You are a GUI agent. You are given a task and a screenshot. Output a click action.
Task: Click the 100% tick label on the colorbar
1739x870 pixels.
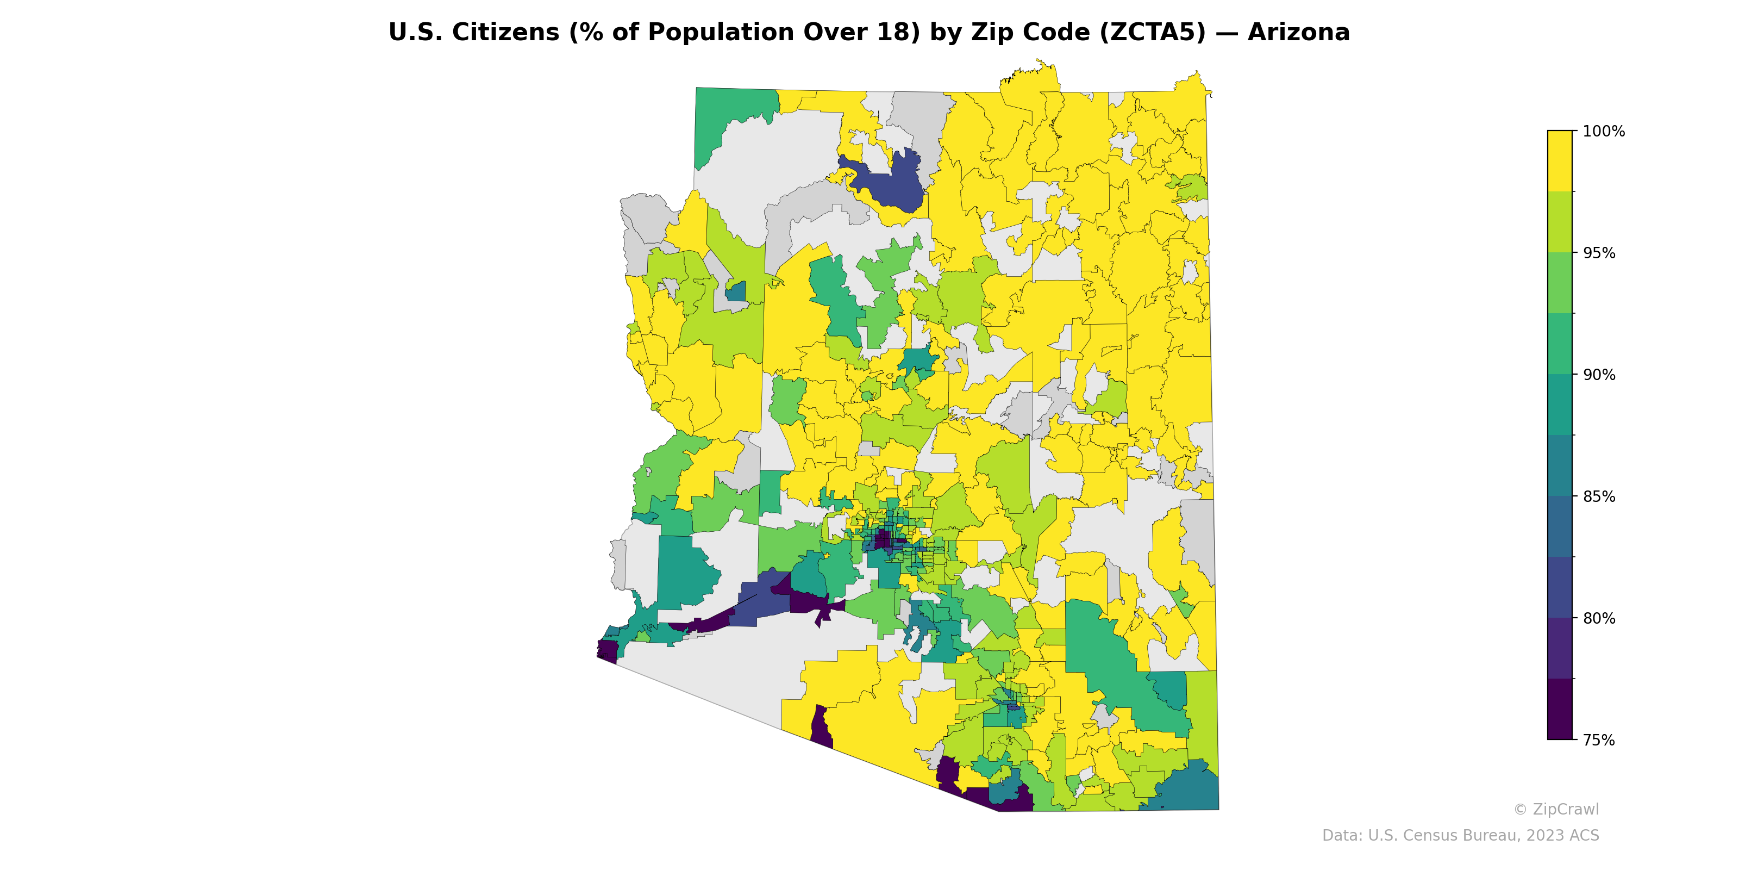point(1603,132)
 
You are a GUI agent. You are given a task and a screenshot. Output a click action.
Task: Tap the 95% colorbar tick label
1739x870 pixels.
point(1599,253)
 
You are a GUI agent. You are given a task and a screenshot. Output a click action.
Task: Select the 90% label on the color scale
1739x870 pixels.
point(1599,375)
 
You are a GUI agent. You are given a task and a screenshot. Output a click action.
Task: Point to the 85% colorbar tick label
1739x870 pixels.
point(1599,496)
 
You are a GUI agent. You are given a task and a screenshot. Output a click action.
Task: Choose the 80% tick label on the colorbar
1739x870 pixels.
point(1599,618)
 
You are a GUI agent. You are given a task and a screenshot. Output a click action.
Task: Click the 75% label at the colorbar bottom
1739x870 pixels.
point(1599,740)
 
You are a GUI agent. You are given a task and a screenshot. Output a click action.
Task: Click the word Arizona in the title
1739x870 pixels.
point(1298,33)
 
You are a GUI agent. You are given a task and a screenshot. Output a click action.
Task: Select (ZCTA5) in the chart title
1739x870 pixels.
point(1152,33)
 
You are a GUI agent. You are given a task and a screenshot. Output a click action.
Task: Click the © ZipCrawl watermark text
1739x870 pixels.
point(1556,809)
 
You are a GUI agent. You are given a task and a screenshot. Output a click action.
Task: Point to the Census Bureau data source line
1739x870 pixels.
point(1460,836)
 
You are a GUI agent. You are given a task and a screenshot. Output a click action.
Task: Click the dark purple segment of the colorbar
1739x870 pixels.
point(1560,709)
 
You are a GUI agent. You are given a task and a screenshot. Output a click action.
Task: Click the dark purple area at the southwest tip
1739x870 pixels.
point(608,650)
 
